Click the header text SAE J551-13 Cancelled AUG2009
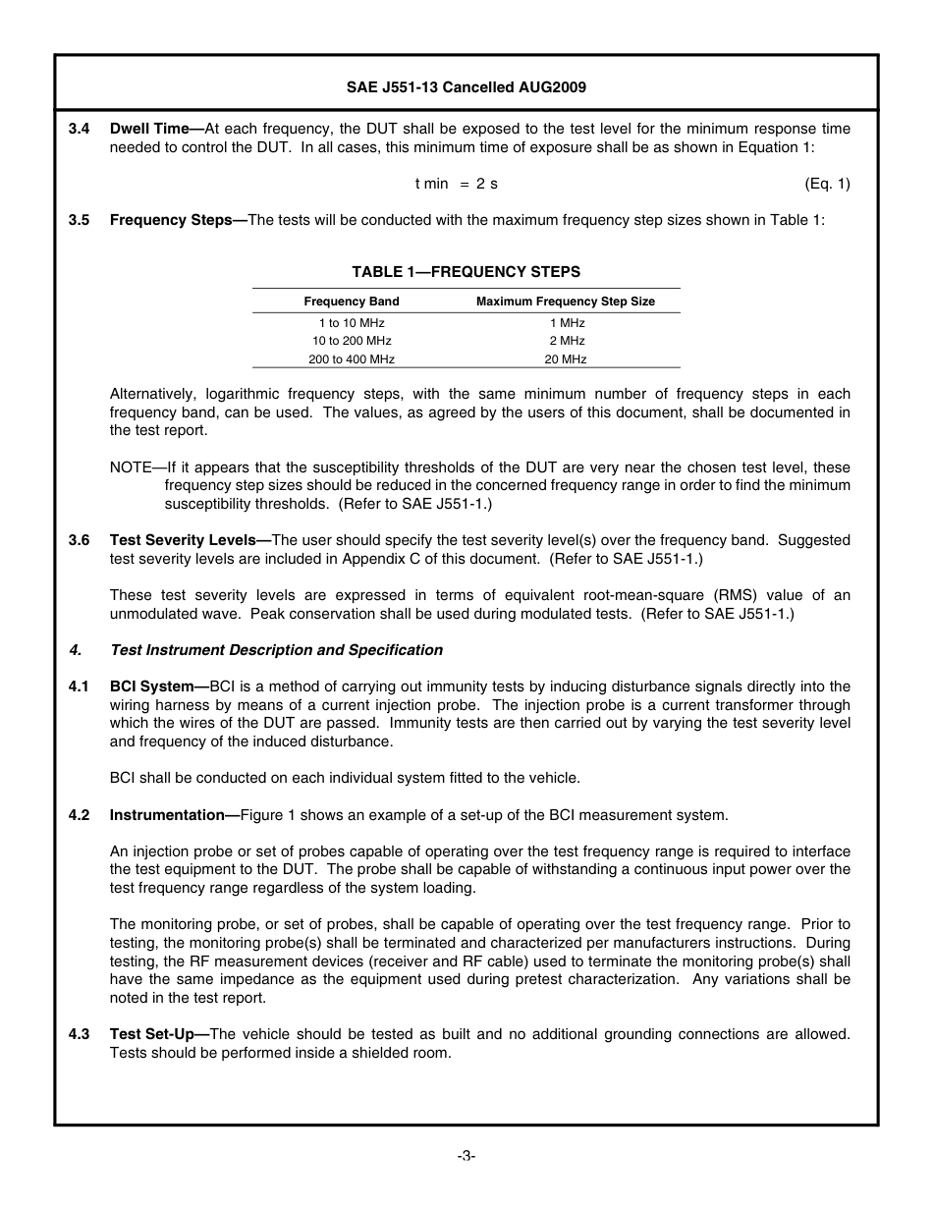coord(466,87)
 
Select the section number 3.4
coord(79,129)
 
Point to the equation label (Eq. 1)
coord(827,184)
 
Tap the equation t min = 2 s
coord(456,184)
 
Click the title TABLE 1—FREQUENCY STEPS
coord(466,272)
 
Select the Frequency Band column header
coord(352,302)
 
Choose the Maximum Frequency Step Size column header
coord(565,302)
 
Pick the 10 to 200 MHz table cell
coord(352,341)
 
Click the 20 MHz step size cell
coord(566,359)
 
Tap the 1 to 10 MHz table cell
coord(352,323)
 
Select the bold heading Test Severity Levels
coord(182,540)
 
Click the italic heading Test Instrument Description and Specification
coord(276,650)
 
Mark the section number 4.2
coord(79,815)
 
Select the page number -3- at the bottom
coord(466,1156)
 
